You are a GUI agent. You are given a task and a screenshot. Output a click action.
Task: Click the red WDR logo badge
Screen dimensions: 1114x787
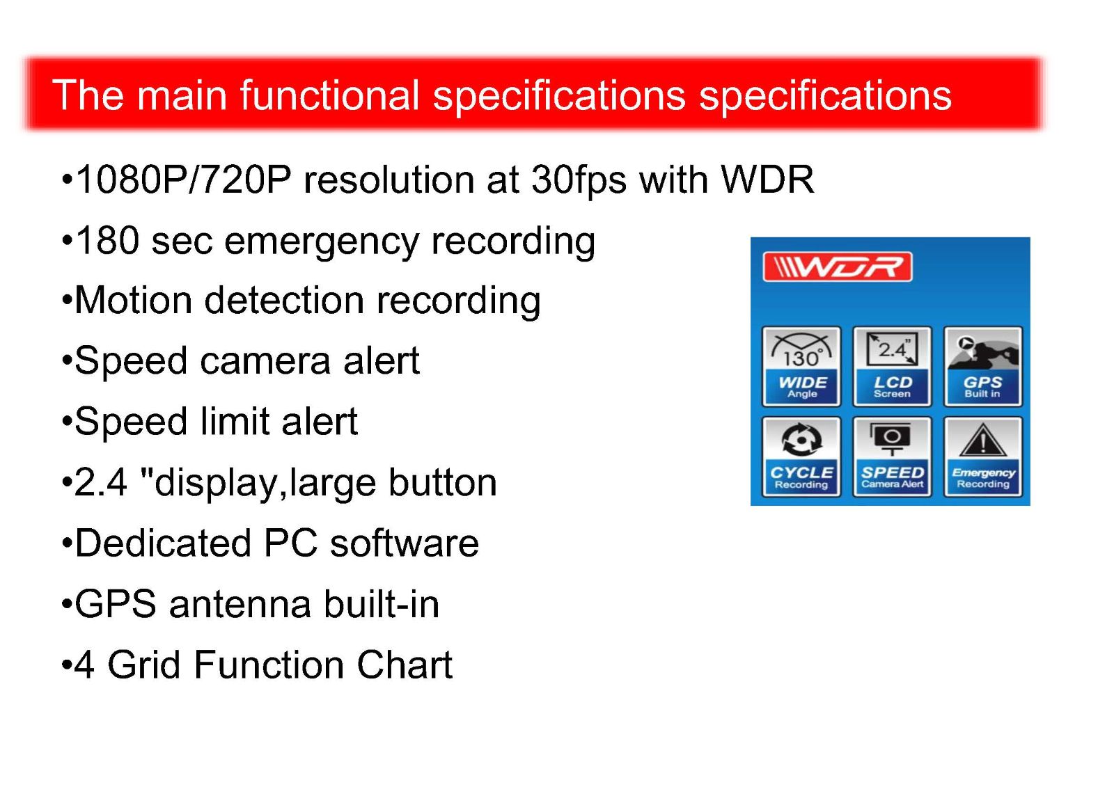pyautogui.click(x=838, y=267)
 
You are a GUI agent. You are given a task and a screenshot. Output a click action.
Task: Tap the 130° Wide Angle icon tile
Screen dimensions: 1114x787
pyautogui.click(x=801, y=366)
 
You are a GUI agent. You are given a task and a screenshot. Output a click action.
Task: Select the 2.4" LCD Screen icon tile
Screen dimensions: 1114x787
pyautogui.click(x=892, y=366)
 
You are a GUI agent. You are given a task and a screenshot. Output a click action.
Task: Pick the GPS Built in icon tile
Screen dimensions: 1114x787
pyautogui.click(x=983, y=366)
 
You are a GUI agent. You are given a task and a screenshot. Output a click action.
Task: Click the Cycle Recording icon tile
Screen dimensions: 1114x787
pyautogui.click(x=801, y=456)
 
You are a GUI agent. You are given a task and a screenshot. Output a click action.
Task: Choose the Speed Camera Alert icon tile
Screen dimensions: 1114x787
pyautogui.click(x=892, y=456)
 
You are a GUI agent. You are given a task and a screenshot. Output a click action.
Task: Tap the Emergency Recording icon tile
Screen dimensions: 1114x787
pyautogui.click(x=983, y=456)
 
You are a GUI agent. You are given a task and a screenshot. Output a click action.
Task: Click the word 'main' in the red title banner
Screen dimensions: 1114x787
pyautogui.click(x=182, y=95)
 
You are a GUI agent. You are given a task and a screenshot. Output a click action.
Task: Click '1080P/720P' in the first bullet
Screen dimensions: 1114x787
pyautogui.click(x=183, y=180)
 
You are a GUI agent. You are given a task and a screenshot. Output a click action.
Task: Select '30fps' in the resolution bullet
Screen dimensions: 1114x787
pyautogui.click(x=579, y=180)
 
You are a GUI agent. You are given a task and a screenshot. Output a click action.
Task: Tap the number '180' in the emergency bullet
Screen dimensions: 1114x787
pyautogui.click(x=107, y=241)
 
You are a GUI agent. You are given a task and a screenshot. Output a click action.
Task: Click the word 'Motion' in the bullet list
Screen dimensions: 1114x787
pyautogui.click(x=133, y=301)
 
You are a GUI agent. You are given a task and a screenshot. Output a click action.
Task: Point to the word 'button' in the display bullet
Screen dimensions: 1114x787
pyautogui.click(x=442, y=482)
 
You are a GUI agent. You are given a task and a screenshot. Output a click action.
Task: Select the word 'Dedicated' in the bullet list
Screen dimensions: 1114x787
pyautogui.click(x=163, y=543)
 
